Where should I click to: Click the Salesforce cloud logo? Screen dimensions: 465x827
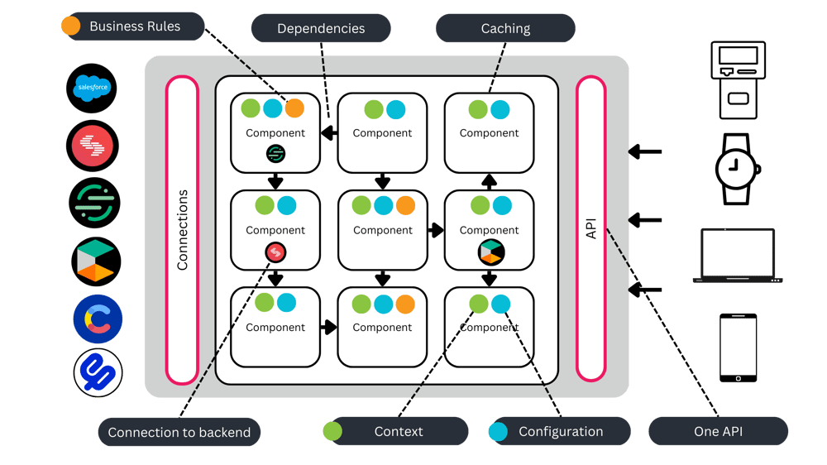pos(92,88)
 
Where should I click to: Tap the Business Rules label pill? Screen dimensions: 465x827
pos(135,26)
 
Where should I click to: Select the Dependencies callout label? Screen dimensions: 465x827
pos(321,28)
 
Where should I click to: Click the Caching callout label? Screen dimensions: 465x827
pos(505,28)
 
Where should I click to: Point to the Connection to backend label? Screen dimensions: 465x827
pos(179,432)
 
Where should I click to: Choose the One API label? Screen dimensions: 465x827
pos(718,431)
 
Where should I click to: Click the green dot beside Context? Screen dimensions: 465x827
pos(332,431)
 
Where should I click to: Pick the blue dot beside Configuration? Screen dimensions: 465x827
pos(498,431)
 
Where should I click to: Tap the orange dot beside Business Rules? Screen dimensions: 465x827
pos(71,26)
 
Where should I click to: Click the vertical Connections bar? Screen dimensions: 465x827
pos(182,230)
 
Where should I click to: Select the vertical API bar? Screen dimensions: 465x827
pos(591,228)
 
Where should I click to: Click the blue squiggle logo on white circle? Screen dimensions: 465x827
pos(98,372)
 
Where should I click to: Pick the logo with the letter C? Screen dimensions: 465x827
pos(97,319)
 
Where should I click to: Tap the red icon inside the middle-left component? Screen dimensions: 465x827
pos(275,252)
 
